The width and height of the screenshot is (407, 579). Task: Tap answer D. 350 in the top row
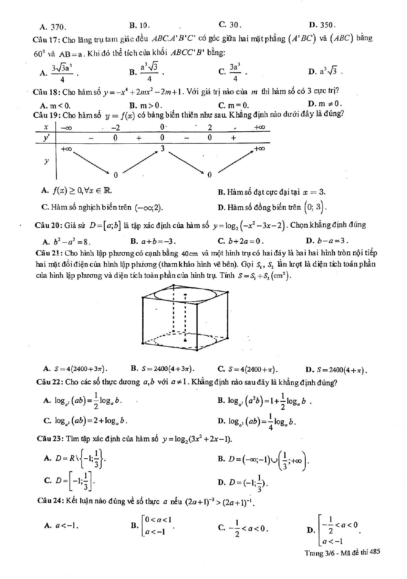(x=322, y=25)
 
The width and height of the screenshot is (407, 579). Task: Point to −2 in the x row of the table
(x=116, y=128)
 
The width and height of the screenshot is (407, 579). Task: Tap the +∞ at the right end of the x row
(x=259, y=127)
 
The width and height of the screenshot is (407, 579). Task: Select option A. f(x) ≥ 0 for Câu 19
(x=76, y=190)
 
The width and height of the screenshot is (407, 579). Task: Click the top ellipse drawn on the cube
(x=185, y=295)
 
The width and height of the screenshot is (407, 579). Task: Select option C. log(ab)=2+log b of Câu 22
(x=86, y=420)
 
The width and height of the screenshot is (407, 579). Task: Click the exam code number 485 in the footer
(x=374, y=552)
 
